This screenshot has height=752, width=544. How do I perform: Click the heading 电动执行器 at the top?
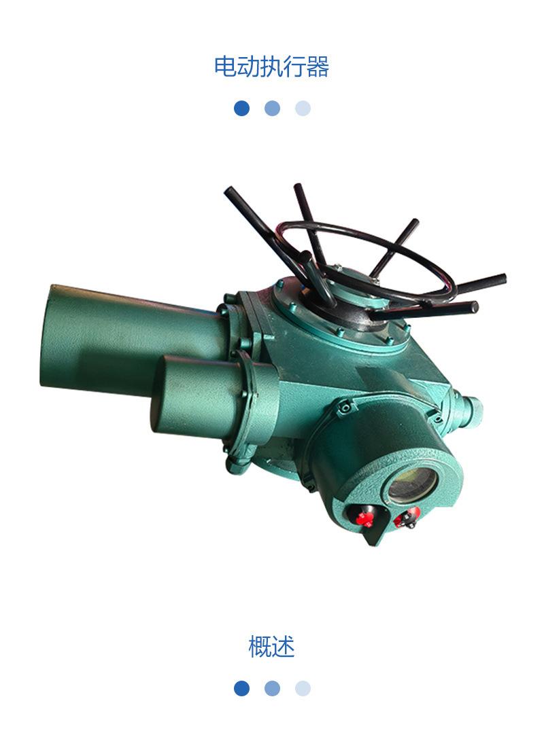(271, 66)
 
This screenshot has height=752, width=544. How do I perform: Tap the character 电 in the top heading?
(225, 66)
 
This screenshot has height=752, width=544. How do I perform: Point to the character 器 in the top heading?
(318, 66)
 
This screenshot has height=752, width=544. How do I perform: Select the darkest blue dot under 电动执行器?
(241, 109)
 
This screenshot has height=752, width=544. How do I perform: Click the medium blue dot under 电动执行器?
(272, 109)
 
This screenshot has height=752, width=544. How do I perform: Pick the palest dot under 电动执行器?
(303, 109)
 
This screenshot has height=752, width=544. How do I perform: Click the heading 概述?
(271, 647)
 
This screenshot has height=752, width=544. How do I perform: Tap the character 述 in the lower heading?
(284, 647)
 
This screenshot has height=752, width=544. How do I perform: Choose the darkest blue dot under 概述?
(241, 688)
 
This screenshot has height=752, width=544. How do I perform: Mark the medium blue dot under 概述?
(272, 688)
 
